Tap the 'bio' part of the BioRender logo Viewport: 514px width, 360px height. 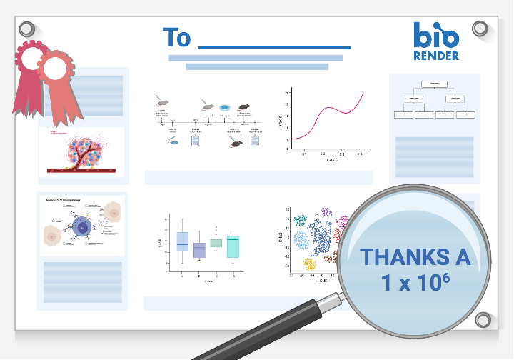pyautogui.click(x=435, y=35)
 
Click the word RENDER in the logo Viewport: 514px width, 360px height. pyautogui.click(x=436, y=56)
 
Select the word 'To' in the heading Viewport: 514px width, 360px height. pyautogui.click(x=176, y=37)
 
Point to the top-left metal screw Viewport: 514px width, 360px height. pyautogui.click(x=27, y=29)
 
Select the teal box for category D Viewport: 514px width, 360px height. pyautogui.click(x=232, y=246)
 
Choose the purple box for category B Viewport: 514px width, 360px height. pyautogui.click(x=199, y=249)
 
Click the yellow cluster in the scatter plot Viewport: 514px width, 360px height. pyautogui.click(x=309, y=264)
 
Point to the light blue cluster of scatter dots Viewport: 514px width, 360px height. pyautogui.click(x=302, y=241)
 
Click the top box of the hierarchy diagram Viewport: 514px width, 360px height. pyautogui.click(x=433, y=84)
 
